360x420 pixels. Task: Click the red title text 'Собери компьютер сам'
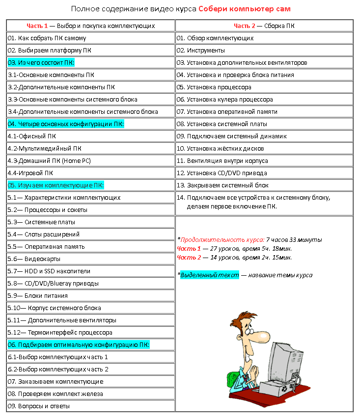[244, 9]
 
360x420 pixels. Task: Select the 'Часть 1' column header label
[37, 26]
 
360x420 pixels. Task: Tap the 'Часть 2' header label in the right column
[244, 26]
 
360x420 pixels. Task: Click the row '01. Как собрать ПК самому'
[47, 38]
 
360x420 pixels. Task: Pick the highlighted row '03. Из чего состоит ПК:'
[41, 63]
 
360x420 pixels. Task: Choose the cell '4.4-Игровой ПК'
[30, 173]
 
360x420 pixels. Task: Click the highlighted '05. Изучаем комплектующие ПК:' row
[55, 185]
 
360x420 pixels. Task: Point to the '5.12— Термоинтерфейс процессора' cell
[60, 333]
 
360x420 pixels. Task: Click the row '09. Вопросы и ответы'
[38, 406]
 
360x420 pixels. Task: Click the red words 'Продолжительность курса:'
[222, 240]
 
